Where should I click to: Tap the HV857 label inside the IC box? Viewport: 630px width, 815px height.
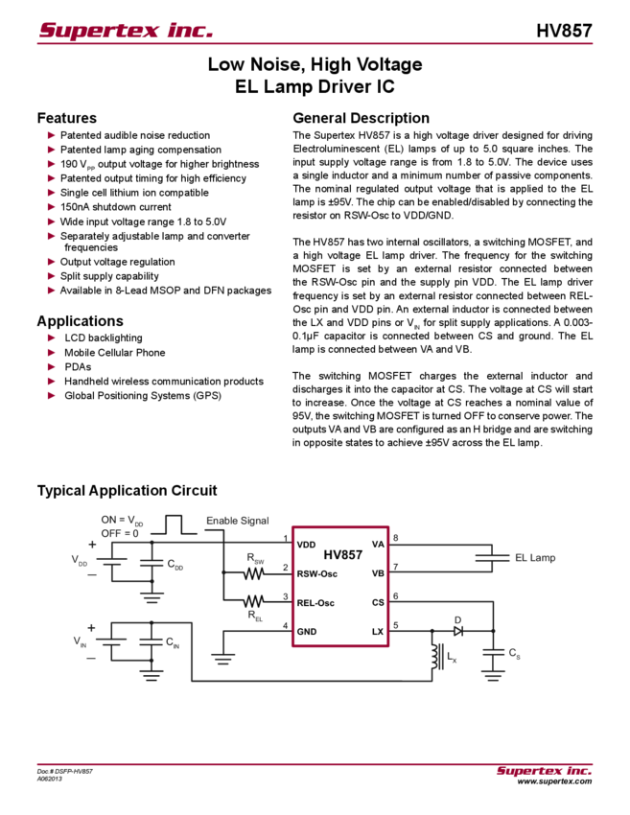pyautogui.click(x=341, y=554)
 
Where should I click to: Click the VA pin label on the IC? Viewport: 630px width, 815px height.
pyautogui.click(x=378, y=544)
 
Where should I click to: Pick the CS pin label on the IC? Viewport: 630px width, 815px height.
pyautogui.click(x=378, y=602)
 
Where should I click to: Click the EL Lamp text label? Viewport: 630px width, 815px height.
pyautogui.click(x=533, y=556)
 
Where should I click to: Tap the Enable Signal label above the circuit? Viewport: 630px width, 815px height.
pyautogui.click(x=237, y=520)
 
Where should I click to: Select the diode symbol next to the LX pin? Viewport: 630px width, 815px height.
pyautogui.click(x=457, y=629)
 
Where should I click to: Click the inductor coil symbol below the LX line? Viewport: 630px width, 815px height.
pyautogui.click(x=442, y=657)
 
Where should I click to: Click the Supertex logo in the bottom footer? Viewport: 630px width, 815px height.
pyautogui.click(x=544, y=770)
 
